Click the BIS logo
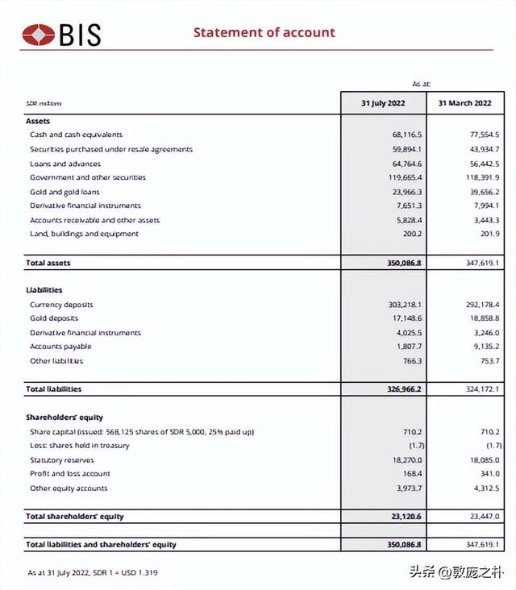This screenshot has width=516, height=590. (62, 35)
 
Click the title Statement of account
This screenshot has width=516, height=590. (264, 32)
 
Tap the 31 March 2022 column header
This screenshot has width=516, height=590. (464, 103)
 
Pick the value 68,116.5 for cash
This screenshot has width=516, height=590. (407, 135)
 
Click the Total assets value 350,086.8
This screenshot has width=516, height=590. (404, 263)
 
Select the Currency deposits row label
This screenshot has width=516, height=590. (61, 305)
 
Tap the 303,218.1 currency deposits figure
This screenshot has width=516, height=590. (406, 305)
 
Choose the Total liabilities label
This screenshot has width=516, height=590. (53, 388)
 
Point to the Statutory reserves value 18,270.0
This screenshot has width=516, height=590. (407, 459)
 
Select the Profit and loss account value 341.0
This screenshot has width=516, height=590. (489, 474)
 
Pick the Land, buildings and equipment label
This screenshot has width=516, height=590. (84, 234)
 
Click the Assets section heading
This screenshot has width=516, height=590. (38, 121)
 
